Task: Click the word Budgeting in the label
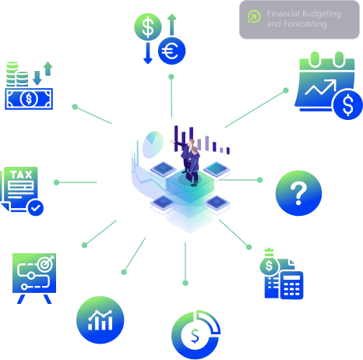tap(321, 14)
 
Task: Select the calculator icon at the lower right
tap(280, 274)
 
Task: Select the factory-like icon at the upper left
tap(30, 86)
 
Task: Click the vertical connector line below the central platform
tap(185, 261)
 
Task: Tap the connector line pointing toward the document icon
tap(76, 182)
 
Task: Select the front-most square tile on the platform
tap(165, 203)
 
